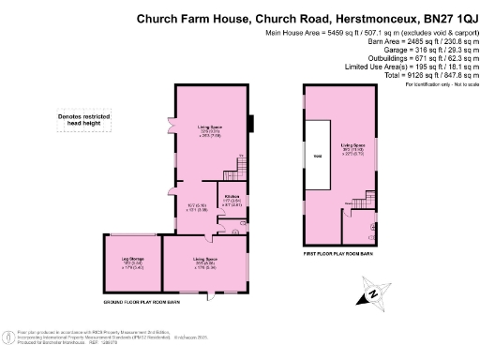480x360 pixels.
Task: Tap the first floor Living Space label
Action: [x=352, y=150]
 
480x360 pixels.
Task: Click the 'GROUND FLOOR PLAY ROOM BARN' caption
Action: [x=155, y=304]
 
